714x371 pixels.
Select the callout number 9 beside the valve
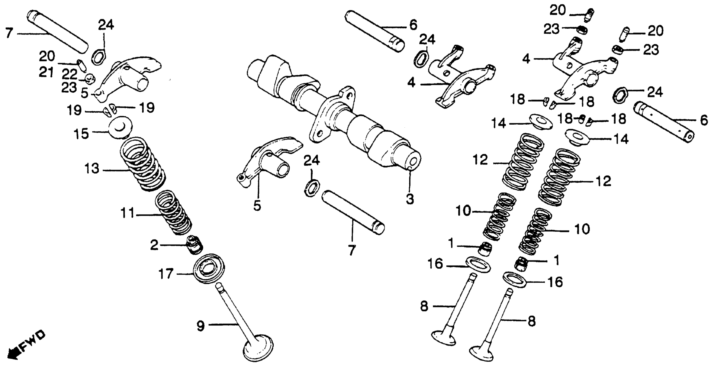(x=201, y=326)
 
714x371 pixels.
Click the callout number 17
(x=166, y=274)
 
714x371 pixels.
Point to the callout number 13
(x=92, y=168)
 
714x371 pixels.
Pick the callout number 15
(x=81, y=134)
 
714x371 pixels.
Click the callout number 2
(x=154, y=245)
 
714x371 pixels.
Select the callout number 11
(x=127, y=213)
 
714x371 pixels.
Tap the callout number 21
(x=46, y=73)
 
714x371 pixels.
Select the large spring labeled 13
(x=143, y=164)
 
